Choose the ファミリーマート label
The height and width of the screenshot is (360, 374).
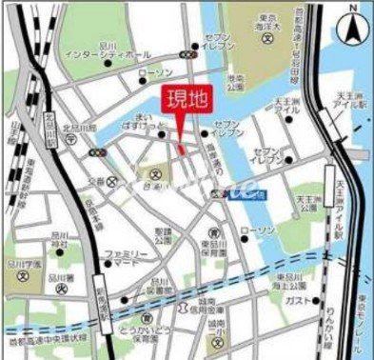point(127,258)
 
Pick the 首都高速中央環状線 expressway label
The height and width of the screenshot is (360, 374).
point(43,335)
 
